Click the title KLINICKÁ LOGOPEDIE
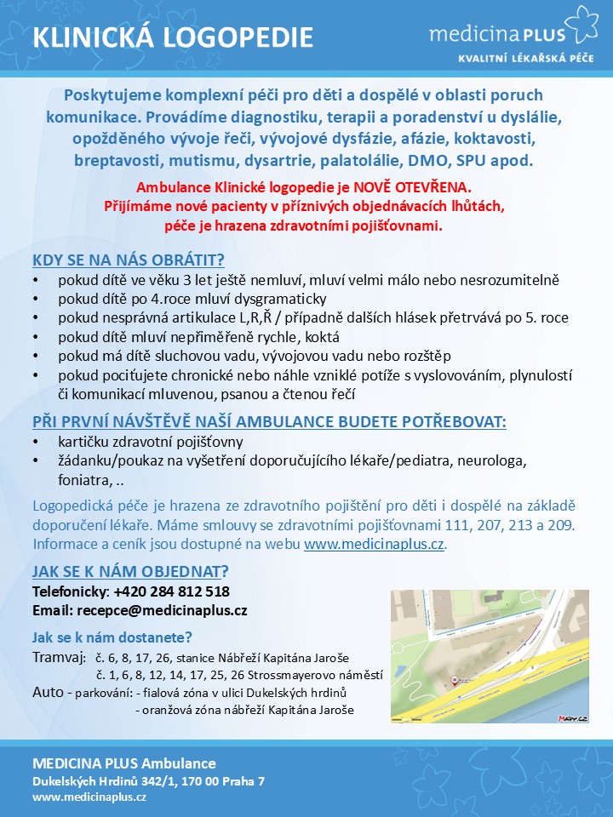tap(173, 37)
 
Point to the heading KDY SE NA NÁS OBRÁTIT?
tap(129, 260)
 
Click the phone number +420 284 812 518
tap(171, 591)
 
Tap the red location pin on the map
tap(455, 680)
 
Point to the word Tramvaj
tap(59, 658)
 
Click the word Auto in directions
tap(47, 692)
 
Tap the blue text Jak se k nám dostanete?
tap(112, 637)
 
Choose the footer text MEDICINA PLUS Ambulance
tap(124, 763)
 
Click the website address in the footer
tap(89, 797)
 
